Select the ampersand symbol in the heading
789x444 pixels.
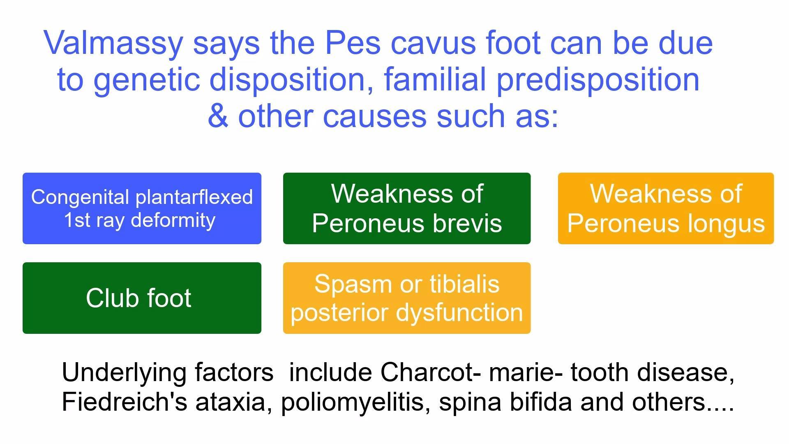(217, 116)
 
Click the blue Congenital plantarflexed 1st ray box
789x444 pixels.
(142, 208)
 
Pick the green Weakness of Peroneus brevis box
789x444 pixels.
(407, 208)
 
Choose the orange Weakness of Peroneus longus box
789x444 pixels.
(666, 208)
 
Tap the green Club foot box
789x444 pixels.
(142, 298)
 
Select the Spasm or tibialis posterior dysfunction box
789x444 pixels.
(407, 298)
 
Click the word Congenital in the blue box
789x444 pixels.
(80, 197)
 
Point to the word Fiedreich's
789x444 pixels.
(125, 402)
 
